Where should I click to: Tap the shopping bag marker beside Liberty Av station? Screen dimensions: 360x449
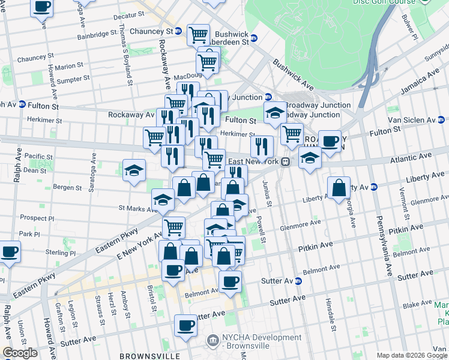[x=339, y=187]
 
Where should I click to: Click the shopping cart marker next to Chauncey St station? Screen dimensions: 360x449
[x=198, y=35]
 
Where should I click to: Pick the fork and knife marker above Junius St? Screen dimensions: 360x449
[x=262, y=146]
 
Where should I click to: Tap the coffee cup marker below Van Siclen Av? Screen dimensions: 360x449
[x=329, y=141]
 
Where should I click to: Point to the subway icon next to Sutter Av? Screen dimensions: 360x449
[x=298, y=281]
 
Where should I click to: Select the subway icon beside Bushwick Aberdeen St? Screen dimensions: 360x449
[x=253, y=37]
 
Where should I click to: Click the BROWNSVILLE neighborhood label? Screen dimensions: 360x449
[x=146, y=356]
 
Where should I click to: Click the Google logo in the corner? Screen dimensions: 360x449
[x=20, y=353]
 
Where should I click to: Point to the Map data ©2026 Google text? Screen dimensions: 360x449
[x=412, y=356]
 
